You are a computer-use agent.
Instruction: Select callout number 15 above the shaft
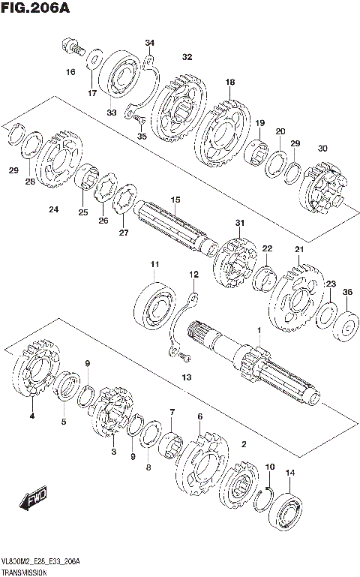pyautogui.click(x=175, y=200)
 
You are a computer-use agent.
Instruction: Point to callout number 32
pyautogui.click(x=187, y=57)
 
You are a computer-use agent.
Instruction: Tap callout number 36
pyautogui.click(x=347, y=292)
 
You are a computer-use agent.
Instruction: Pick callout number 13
pyautogui.click(x=187, y=377)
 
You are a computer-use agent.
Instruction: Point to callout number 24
pyautogui.click(x=53, y=209)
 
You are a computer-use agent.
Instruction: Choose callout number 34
pyautogui.click(x=150, y=43)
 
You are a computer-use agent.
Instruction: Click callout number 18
pyautogui.click(x=229, y=82)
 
